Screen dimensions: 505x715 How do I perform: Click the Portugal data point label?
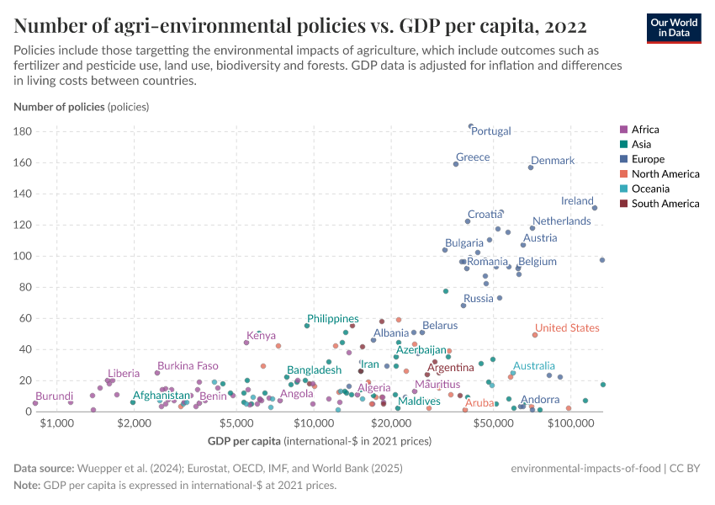491,131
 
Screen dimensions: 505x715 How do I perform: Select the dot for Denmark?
531,167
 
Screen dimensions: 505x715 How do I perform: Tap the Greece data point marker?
456,164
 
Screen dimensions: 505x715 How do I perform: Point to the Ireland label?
577,201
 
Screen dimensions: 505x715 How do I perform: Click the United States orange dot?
535,335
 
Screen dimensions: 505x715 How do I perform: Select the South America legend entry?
665,204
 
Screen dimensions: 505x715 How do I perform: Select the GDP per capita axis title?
243,441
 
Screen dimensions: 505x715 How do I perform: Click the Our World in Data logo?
673,27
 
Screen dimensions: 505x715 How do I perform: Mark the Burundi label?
54,396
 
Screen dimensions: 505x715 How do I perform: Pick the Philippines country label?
332,319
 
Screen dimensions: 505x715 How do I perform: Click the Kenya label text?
261,336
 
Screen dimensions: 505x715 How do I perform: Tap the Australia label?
534,366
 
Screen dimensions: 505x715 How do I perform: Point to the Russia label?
478,299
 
